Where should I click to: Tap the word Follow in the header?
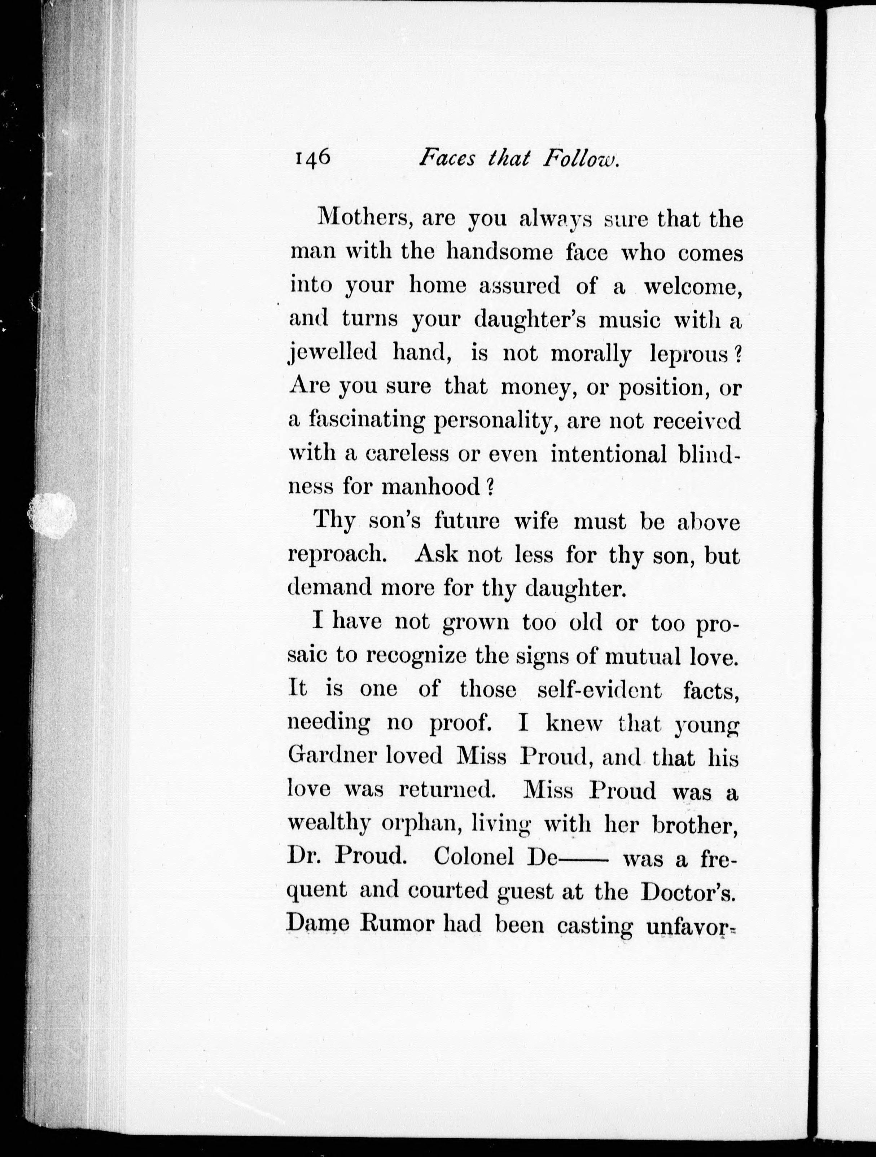581,158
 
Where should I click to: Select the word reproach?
337,554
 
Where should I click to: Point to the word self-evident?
599,690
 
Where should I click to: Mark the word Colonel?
474,857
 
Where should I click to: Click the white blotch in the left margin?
51,510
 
